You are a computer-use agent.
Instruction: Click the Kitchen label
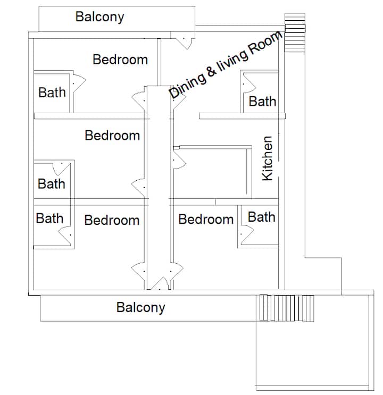(267, 158)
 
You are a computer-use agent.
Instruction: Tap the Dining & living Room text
(226, 65)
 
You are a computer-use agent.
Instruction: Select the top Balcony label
(99, 17)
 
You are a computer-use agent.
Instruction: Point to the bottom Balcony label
(140, 308)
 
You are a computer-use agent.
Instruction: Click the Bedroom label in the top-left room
(120, 60)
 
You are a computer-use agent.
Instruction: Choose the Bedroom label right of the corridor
(206, 219)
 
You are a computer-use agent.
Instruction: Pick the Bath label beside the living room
(262, 102)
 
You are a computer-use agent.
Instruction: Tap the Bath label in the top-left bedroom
(52, 93)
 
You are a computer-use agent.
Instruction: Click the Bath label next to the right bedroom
(262, 217)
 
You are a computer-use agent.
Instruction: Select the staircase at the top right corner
(295, 32)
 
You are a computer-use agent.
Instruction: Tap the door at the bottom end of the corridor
(159, 284)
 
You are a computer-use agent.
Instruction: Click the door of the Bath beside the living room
(249, 82)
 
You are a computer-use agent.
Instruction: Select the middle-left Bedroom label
(112, 136)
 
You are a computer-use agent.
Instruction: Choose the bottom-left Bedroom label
(112, 220)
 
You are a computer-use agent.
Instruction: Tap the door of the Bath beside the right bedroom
(246, 234)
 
